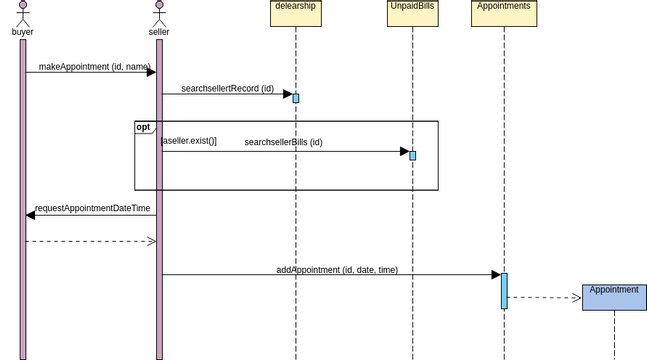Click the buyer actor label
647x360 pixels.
(x=22, y=32)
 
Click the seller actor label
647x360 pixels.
(x=159, y=32)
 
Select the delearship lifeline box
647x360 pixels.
(x=296, y=12)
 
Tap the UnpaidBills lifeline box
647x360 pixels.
(x=412, y=12)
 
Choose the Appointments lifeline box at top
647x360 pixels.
(x=504, y=12)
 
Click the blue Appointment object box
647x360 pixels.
(x=614, y=297)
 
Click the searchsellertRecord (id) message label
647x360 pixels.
(x=227, y=89)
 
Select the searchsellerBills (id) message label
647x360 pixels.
(x=283, y=143)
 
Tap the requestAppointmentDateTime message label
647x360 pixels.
(x=92, y=209)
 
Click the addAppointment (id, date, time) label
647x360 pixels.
(x=337, y=270)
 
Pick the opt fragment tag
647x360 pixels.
(x=144, y=128)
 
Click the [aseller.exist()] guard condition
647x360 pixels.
(x=189, y=142)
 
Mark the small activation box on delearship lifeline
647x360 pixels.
(x=296, y=98)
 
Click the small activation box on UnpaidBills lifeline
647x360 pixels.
(x=412, y=156)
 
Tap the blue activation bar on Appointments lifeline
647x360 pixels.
(x=504, y=291)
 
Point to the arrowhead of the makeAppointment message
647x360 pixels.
(x=151, y=72)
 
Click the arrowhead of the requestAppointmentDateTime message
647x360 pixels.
(x=30, y=215)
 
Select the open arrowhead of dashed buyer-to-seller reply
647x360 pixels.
(x=152, y=241)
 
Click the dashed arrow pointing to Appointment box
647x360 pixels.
(x=545, y=297)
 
